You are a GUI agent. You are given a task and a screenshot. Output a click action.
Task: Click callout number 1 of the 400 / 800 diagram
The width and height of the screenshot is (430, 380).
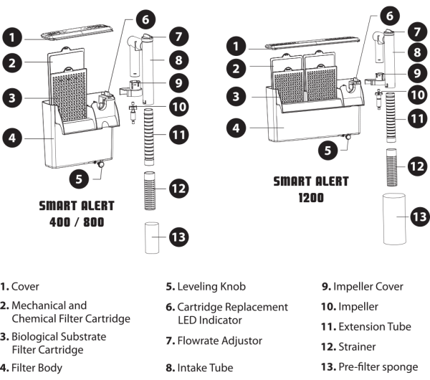click(12, 37)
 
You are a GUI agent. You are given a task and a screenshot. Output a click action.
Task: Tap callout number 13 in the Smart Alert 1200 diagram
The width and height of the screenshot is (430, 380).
click(419, 217)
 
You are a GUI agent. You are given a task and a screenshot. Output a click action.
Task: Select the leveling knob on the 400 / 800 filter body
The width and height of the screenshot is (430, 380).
click(100, 164)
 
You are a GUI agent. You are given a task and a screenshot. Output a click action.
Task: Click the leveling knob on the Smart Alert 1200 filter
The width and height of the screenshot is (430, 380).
click(348, 137)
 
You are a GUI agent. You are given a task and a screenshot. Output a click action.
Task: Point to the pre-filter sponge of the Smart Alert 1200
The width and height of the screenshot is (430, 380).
click(394, 219)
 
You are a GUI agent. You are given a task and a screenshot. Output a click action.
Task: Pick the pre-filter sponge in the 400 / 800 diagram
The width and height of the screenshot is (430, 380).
click(152, 237)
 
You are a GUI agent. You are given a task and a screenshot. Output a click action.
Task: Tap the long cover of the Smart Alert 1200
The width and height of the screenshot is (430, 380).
click(312, 43)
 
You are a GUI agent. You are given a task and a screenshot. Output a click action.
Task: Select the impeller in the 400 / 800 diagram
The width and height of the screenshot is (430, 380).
click(133, 113)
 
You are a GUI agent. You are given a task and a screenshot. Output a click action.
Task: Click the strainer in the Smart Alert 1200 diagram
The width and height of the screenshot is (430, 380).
click(391, 167)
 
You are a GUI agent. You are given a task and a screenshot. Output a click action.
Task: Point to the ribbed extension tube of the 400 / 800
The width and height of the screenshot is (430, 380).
click(149, 137)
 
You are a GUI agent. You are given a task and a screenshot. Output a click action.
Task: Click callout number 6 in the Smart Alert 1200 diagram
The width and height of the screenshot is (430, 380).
click(390, 16)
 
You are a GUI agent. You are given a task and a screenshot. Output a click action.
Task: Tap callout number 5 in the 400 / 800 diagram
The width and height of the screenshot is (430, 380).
click(79, 179)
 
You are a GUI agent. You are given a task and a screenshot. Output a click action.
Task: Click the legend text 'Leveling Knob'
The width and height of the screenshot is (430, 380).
click(211, 287)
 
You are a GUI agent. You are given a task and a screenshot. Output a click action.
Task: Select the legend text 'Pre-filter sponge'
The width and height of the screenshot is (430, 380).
click(378, 367)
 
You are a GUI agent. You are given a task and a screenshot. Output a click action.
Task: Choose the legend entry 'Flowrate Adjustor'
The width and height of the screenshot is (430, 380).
click(220, 341)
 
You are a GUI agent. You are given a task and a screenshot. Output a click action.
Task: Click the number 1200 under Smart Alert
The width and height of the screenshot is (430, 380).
click(311, 198)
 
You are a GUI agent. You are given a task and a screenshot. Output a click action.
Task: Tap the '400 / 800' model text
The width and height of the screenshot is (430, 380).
click(77, 222)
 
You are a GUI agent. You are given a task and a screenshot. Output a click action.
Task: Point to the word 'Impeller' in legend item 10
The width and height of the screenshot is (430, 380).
click(358, 306)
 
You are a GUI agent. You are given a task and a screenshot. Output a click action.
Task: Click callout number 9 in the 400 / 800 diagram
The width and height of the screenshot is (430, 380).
click(178, 83)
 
